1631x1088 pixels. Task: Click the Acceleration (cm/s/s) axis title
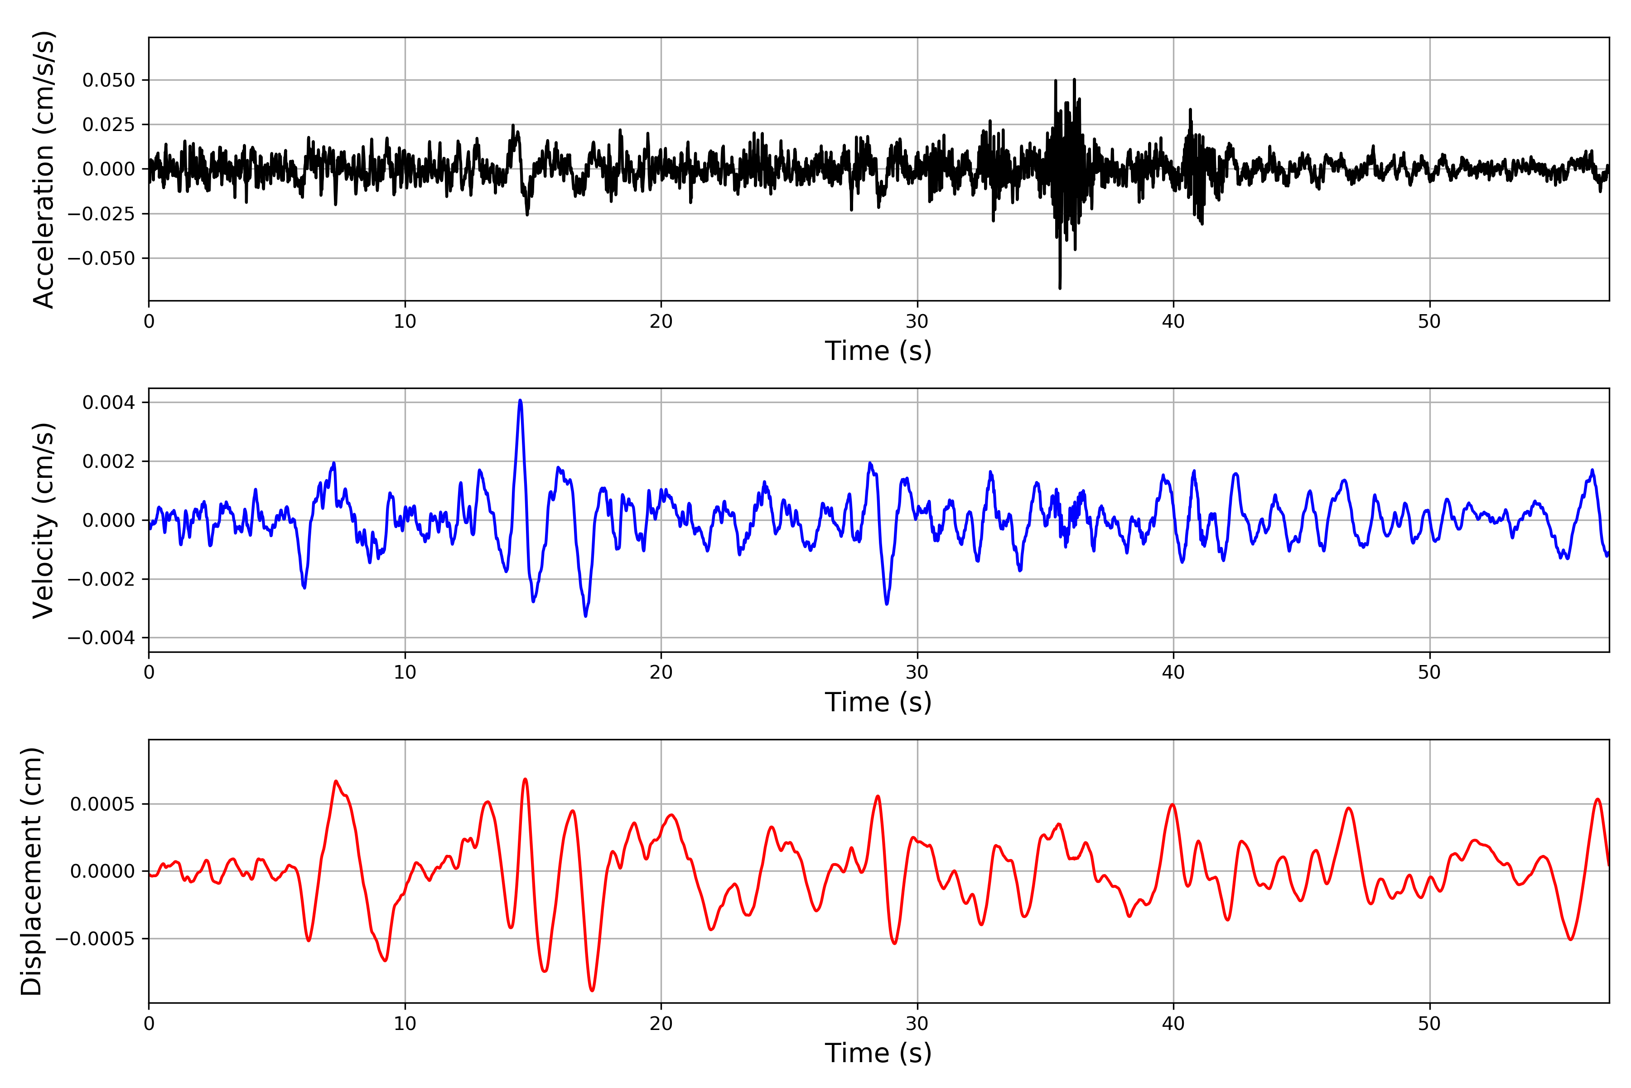coord(43,169)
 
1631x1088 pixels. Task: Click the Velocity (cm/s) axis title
coord(43,520)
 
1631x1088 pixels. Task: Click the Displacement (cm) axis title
coord(31,871)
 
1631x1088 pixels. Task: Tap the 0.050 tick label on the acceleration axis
coord(109,81)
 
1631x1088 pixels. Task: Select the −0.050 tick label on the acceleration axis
coord(101,258)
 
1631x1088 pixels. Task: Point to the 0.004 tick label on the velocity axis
coord(109,403)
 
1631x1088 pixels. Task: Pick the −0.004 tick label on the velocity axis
coord(101,638)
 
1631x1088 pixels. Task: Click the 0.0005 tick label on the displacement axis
coord(103,804)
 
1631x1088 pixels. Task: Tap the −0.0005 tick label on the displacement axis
coord(96,939)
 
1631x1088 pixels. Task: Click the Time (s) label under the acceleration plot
coord(878,351)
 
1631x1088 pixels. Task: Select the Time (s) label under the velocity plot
coord(878,702)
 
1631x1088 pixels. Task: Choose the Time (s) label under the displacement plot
coord(878,1053)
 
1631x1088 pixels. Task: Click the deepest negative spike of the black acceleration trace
coord(1060,287)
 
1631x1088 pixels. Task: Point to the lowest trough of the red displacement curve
coord(592,990)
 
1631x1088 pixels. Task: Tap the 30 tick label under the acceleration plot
coord(917,322)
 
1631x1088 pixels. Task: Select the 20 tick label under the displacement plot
coord(661,1024)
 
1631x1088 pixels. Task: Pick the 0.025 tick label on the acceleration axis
coord(109,125)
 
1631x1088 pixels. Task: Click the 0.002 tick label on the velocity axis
coord(109,461)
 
